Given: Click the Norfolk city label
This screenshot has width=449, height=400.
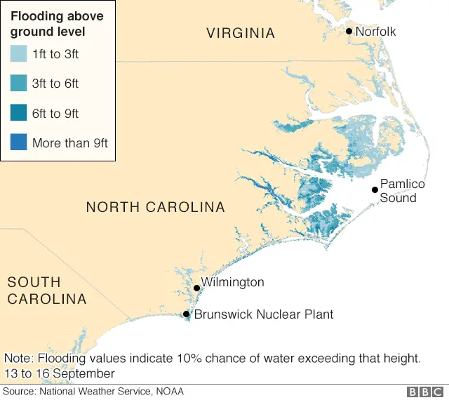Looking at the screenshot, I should tap(375, 32).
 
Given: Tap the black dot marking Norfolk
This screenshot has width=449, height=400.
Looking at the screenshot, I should tap(349, 32).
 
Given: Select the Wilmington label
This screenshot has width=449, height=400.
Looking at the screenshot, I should tap(232, 282).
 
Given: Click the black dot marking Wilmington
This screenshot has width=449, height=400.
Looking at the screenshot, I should tap(196, 288).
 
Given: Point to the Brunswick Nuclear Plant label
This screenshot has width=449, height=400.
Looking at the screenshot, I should tap(263, 314).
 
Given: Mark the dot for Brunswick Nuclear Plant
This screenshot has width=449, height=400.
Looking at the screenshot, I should tap(186, 314).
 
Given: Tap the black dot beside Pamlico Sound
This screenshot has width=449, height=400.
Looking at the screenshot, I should tap(375, 189).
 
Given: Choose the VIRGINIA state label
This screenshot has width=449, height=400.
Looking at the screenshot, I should tap(241, 33).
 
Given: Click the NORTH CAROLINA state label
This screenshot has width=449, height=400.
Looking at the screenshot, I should tap(155, 207).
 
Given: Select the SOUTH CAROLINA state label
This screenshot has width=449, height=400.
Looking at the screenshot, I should tap(46, 291).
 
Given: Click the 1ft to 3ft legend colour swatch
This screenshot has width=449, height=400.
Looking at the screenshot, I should tap(19, 53).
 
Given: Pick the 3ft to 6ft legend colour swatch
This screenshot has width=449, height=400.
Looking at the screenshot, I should tap(19, 84).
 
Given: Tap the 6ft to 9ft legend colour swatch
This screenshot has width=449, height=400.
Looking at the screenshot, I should tap(19, 114).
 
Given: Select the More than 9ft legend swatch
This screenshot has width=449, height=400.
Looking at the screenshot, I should tap(19, 143).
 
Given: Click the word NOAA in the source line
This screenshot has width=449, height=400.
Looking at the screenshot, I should tap(168, 392).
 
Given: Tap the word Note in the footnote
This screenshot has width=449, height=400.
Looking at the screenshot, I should tap(18, 358).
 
